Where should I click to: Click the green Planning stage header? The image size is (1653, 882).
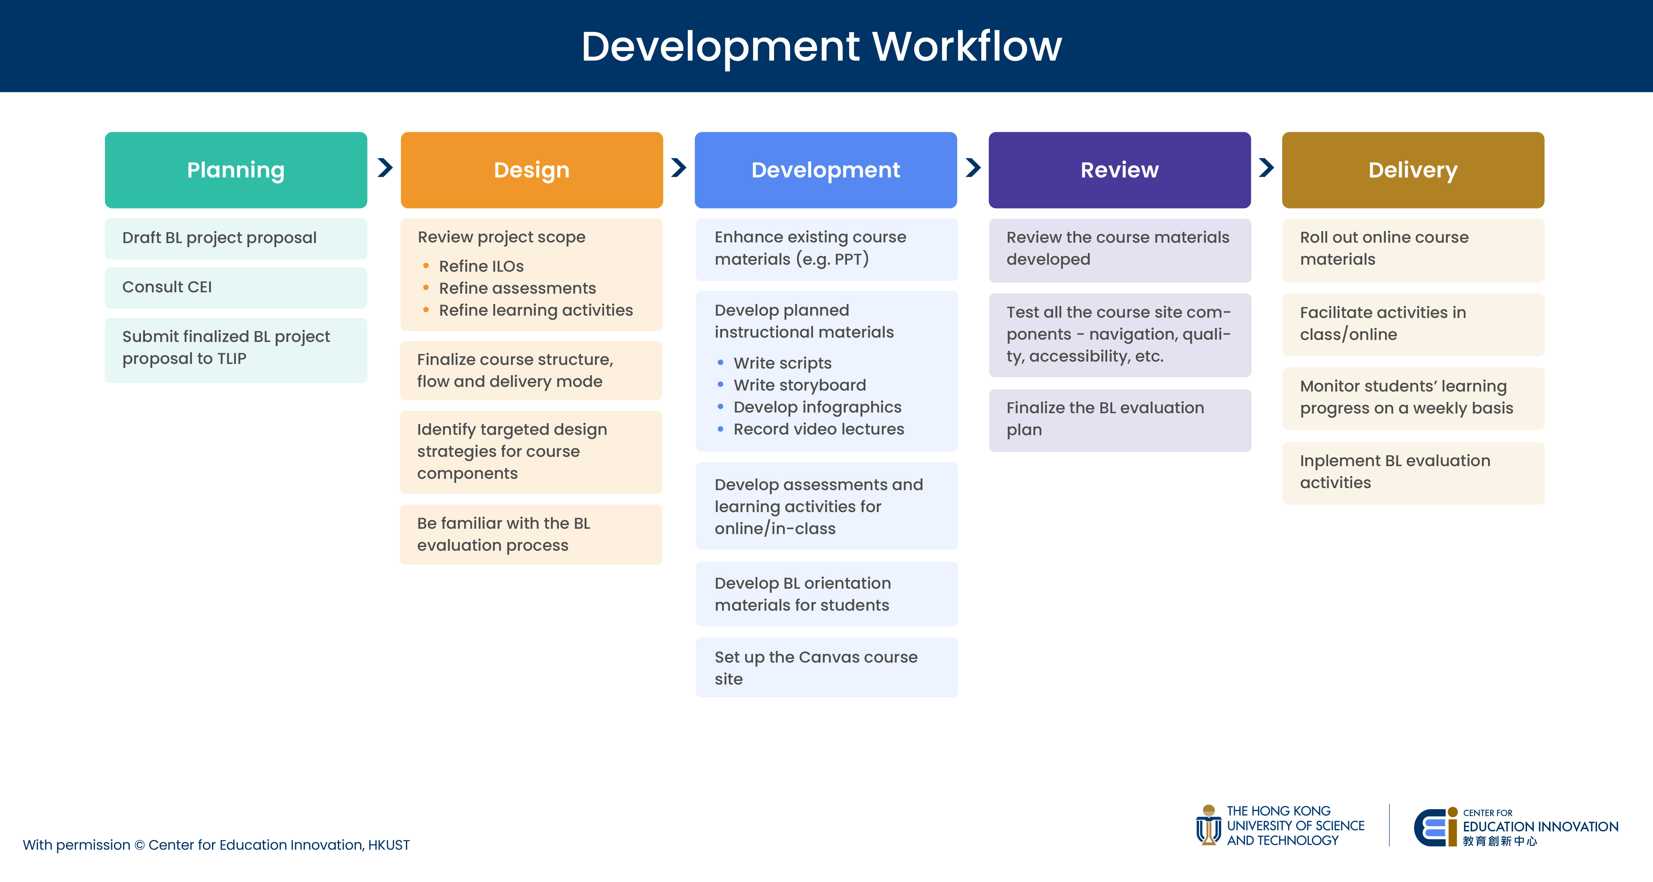point(236,170)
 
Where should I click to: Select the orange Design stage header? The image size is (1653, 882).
point(531,170)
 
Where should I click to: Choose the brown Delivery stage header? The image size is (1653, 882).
point(1413,170)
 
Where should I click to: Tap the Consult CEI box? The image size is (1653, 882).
point(236,287)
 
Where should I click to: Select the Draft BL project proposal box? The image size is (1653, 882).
point(236,238)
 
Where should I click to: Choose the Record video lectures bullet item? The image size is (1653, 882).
point(810,429)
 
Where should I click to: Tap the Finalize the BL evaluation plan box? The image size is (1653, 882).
point(1120,420)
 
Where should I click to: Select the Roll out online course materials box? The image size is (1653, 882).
point(1413,250)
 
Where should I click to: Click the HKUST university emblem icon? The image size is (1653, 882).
point(1208,825)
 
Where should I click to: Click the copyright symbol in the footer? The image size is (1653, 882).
point(139,845)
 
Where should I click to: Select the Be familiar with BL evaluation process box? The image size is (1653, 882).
point(531,534)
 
